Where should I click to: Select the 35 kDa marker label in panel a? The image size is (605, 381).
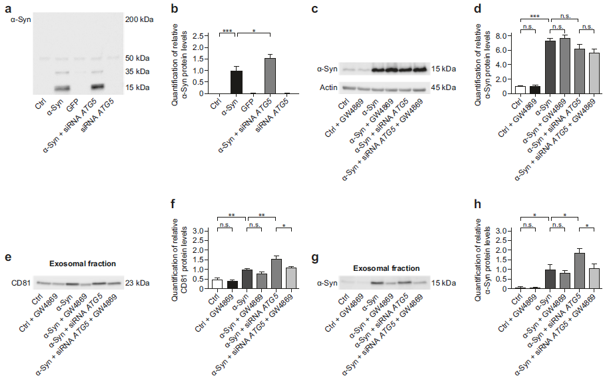tap(139, 71)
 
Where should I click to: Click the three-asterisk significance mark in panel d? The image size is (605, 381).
tap(535, 15)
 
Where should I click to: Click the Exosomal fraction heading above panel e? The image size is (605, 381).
tap(81, 264)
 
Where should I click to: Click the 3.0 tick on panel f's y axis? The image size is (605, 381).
tap(197, 231)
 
